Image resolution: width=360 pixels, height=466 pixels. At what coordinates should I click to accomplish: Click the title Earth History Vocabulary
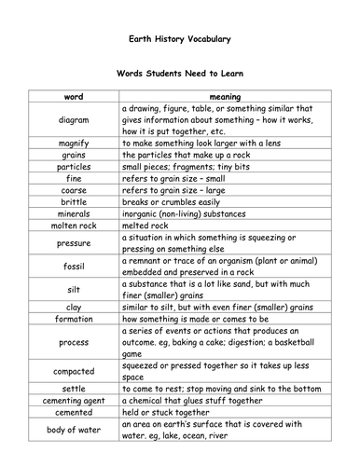[x=179, y=39]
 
